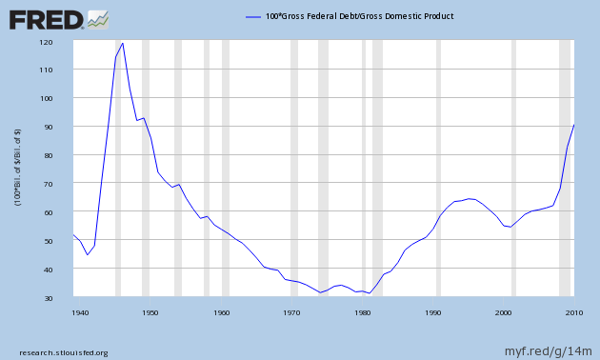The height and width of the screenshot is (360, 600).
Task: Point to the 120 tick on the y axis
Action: pyautogui.click(x=59, y=43)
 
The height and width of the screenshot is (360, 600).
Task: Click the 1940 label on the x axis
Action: pyautogui.click(x=79, y=312)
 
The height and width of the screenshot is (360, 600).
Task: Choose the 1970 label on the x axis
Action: pyautogui.click(x=292, y=312)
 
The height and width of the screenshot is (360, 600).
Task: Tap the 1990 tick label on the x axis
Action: pyautogui.click(x=434, y=312)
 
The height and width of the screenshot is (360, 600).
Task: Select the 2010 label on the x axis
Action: pyautogui.click(x=575, y=312)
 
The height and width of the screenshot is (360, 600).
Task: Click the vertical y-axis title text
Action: pyautogui.click(x=18, y=171)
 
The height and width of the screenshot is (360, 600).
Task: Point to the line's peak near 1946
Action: pyautogui.click(x=123, y=43)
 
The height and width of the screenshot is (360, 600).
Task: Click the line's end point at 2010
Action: pyautogui.click(x=574, y=124)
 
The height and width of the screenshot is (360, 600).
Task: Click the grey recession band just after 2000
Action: pyautogui.click(x=514, y=171)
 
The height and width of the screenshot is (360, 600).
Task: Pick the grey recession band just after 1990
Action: pyautogui.click(x=438, y=171)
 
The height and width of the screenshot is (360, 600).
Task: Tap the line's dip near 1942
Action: pyautogui.click(x=88, y=254)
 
